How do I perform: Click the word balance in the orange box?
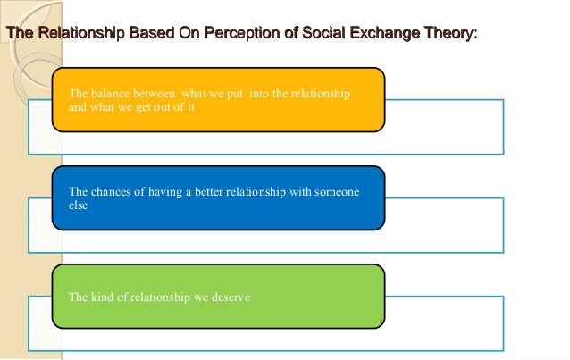[x=107, y=95]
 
